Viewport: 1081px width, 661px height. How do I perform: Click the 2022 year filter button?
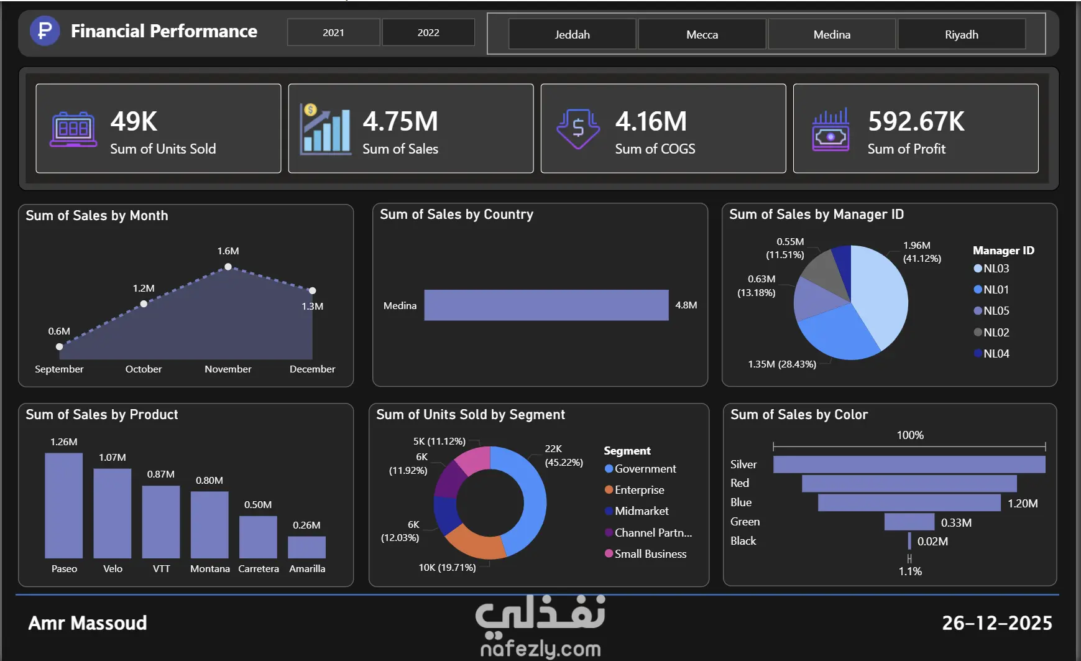click(428, 32)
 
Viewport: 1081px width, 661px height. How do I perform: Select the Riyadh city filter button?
click(961, 34)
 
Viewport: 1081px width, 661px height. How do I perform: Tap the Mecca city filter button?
click(702, 34)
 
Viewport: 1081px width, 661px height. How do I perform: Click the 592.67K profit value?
click(916, 121)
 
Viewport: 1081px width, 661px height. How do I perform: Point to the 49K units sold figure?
click(134, 121)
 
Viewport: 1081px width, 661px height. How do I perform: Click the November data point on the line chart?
click(228, 267)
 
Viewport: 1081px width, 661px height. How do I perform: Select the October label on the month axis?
click(144, 369)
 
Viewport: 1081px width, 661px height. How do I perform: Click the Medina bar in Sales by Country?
click(546, 305)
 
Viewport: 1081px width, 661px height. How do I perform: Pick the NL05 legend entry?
click(996, 311)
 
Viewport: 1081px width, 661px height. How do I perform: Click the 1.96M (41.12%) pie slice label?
click(921, 252)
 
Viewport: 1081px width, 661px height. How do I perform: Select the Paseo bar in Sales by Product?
click(63, 505)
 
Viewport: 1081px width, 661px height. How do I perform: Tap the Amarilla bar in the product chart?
click(306, 547)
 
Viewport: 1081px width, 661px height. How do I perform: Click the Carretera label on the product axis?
click(259, 568)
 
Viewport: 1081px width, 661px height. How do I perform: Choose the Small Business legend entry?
click(650, 553)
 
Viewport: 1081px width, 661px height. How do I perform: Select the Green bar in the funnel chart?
click(909, 522)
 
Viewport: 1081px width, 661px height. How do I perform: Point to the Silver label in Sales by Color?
click(743, 464)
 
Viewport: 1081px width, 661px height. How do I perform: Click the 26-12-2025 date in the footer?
click(996, 622)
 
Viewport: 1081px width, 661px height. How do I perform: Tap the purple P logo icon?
click(45, 30)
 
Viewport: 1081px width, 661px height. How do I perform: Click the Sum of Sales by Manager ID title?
click(816, 215)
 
